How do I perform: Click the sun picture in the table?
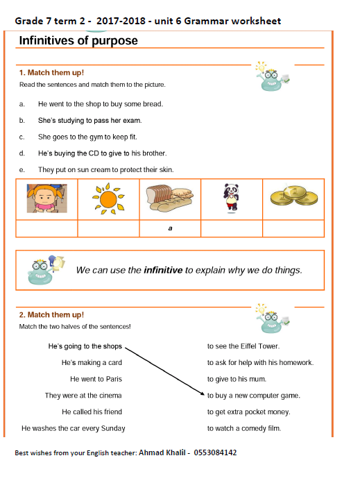pyautogui.click(x=108, y=198)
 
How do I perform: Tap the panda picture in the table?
pyautogui.click(x=231, y=198)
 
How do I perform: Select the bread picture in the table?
pyautogui.click(x=170, y=198)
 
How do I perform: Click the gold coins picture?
pyautogui.click(x=294, y=195)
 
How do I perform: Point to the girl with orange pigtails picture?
pyautogui.click(x=46, y=198)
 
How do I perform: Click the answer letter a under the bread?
pyautogui.click(x=170, y=228)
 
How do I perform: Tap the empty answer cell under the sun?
pyautogui.click(x=108, y=228)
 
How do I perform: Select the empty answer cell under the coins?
pyautogui.click(x=293, y=228)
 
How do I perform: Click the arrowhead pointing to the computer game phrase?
pyautogui.click(x=203, y=393)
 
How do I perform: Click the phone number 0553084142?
pyautogui.click(x=215, y=452)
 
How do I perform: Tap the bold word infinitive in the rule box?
pyautogui.click(x=163, y=270)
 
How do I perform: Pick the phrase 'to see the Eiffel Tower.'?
pyautogui.click(x=243, y=346)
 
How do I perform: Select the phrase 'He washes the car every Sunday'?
pyautogui.click(x=74, y=428)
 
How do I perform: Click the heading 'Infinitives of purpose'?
pyautogui.click(x=78, y=41)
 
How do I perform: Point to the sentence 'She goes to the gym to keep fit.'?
pyautogui.click(x=87, y=137)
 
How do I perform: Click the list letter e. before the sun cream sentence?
pyautogui.click(x=22, y=170)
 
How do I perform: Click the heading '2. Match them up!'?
pyautogui.click(x=51, y=315)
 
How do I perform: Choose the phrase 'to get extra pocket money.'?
pyautogui.click(x=249, y=412)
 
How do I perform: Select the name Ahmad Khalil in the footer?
pyautogui.click(x=162, y=452)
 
